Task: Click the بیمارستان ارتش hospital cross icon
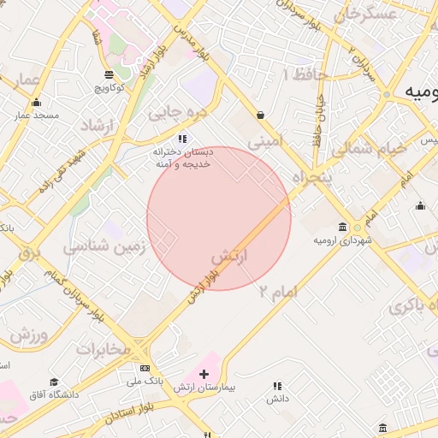tap(204, 374)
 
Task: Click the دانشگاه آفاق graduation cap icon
tap(55, 382)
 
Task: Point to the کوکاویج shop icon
tap(108, 74)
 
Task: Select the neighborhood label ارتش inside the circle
tap(228, 256)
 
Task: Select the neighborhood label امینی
tap(263, 139)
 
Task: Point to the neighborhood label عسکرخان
tap(367, 15)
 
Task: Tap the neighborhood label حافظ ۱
tap(304, 75)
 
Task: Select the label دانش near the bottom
tap(276, 399)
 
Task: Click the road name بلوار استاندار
tap(135, 414)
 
